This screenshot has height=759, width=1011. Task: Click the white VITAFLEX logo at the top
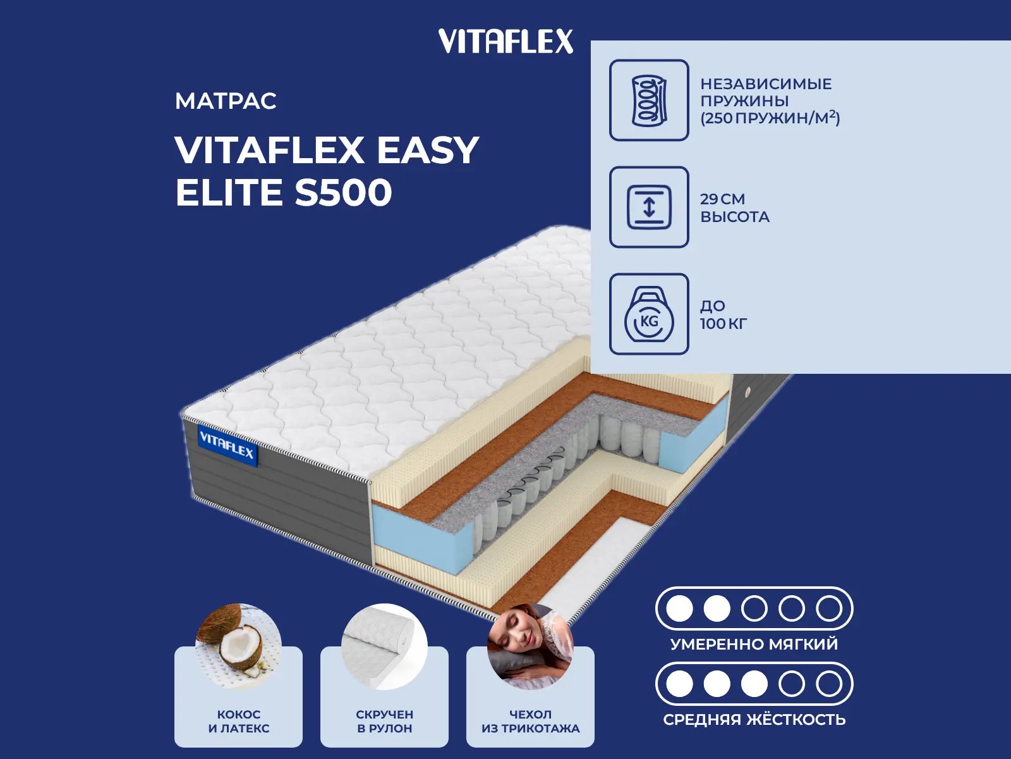coord(505,41)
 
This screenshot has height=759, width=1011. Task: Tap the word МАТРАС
coord(226,101)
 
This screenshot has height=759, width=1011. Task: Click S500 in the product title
coord(343,192)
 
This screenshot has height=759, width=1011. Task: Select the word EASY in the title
coord(428,151)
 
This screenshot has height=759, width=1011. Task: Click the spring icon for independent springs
coord(649,100)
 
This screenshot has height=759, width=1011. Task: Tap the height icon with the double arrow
coord(649,207)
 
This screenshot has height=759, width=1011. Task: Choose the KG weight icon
coord(649,314)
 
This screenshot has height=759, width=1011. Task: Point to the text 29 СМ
coord(722,199)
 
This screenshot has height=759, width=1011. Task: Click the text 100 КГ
coord(723,323)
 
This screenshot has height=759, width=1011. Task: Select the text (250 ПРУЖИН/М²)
coord(770,118)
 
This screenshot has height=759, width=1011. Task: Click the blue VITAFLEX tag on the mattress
coord(227,445)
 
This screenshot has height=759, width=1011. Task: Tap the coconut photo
coord(239,647)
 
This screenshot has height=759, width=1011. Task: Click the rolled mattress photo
coord(384,647)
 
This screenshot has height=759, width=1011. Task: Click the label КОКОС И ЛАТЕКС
coord(239,721)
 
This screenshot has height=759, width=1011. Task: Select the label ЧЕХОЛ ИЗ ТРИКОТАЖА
coord(531,721)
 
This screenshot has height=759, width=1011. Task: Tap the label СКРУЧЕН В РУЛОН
coord(385,721)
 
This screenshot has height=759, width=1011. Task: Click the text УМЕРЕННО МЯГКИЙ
coord(754,644)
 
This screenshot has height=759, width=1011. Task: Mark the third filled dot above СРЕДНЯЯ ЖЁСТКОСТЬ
coord(754,684)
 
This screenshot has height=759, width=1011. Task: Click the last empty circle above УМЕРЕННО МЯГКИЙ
coord(829,608)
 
